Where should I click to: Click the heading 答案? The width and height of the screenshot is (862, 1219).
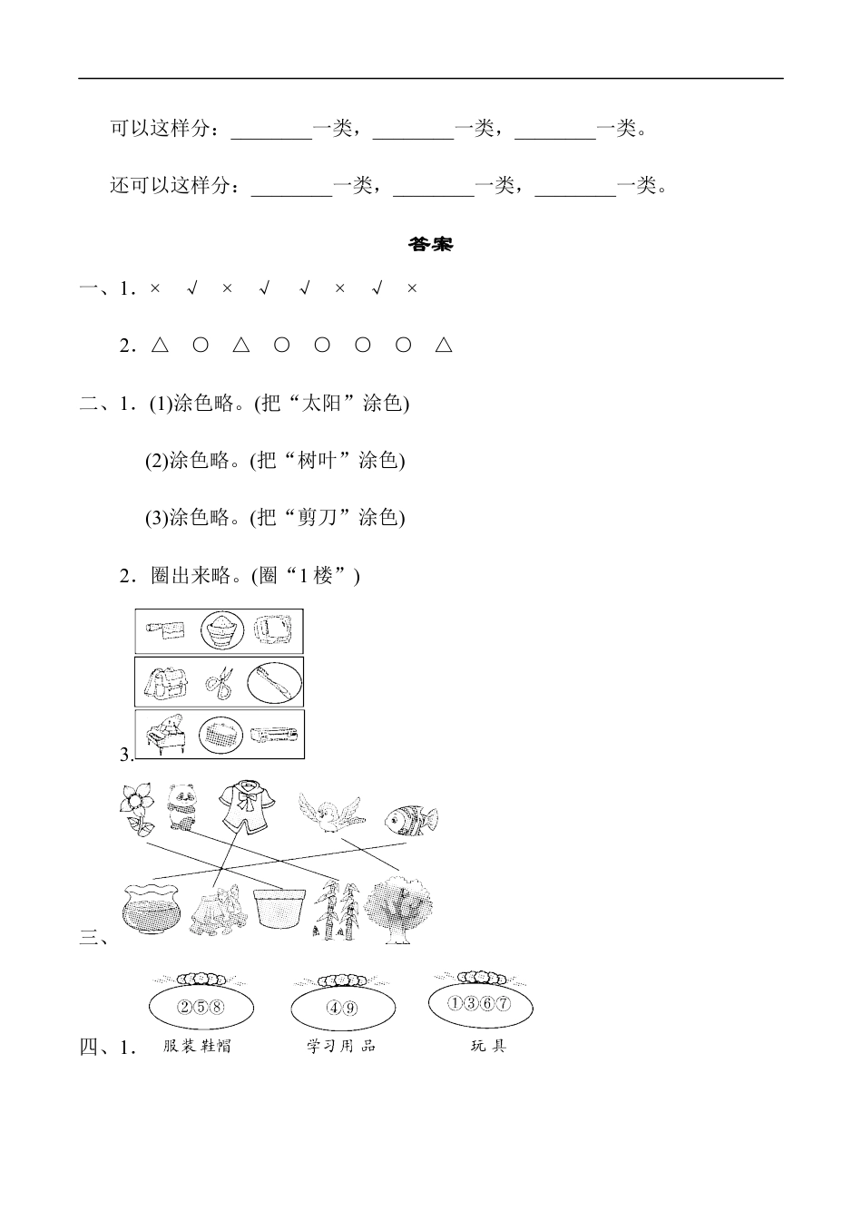point(430,244)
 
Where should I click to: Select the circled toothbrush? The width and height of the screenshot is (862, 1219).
point(274,682)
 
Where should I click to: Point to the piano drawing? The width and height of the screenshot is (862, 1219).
point(165,734)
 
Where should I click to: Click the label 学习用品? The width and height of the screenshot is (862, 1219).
point(341,1046)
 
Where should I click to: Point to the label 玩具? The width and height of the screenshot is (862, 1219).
point(487,1046)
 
